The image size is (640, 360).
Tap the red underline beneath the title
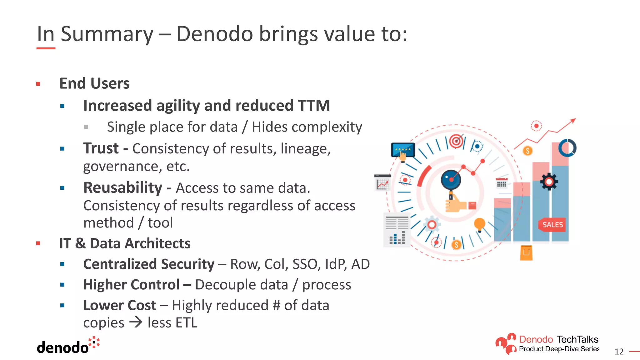tap(46, 48)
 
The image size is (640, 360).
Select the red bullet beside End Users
tap(38, 84)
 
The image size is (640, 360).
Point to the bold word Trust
tap(101, 148)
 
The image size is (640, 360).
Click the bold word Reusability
tap(123, 188)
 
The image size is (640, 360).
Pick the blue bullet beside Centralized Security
tap(62, 264)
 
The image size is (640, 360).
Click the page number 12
tap(619, 352)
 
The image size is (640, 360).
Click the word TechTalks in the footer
tap(577, 339)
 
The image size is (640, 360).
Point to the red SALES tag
tap(552, 225)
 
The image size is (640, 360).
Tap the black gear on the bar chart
tap(549, 182)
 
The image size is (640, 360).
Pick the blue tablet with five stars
tap(403, 150)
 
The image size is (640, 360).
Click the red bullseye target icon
tap(456, 141)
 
